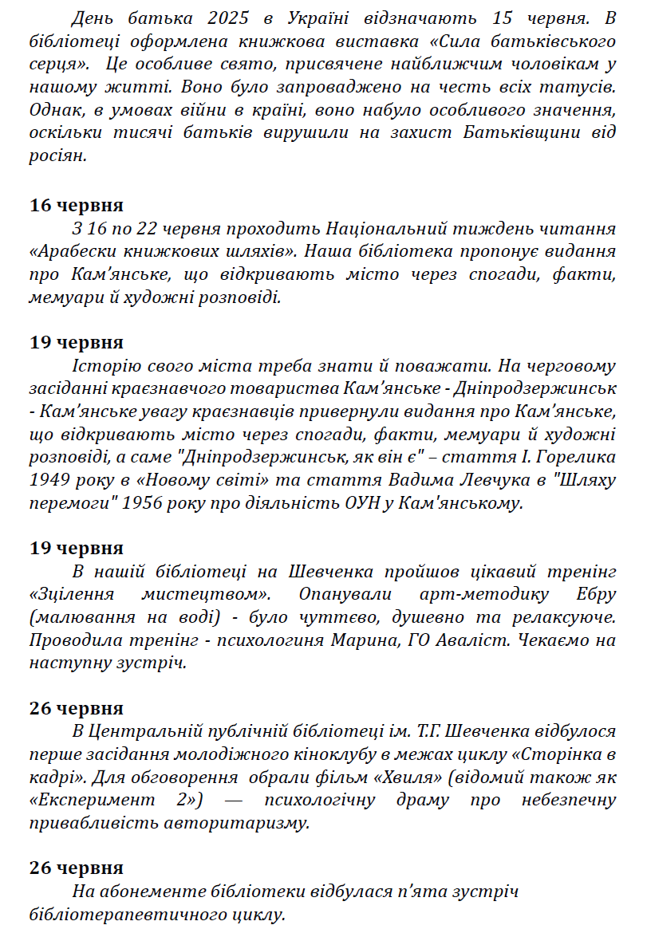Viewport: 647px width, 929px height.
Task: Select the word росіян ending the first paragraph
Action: pyautogui.click(x=57, y=155)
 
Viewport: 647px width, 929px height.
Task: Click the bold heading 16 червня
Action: pyautogui.click(x=77, y=206)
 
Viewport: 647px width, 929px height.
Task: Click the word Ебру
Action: pyautogui.click(x=592, y=596)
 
